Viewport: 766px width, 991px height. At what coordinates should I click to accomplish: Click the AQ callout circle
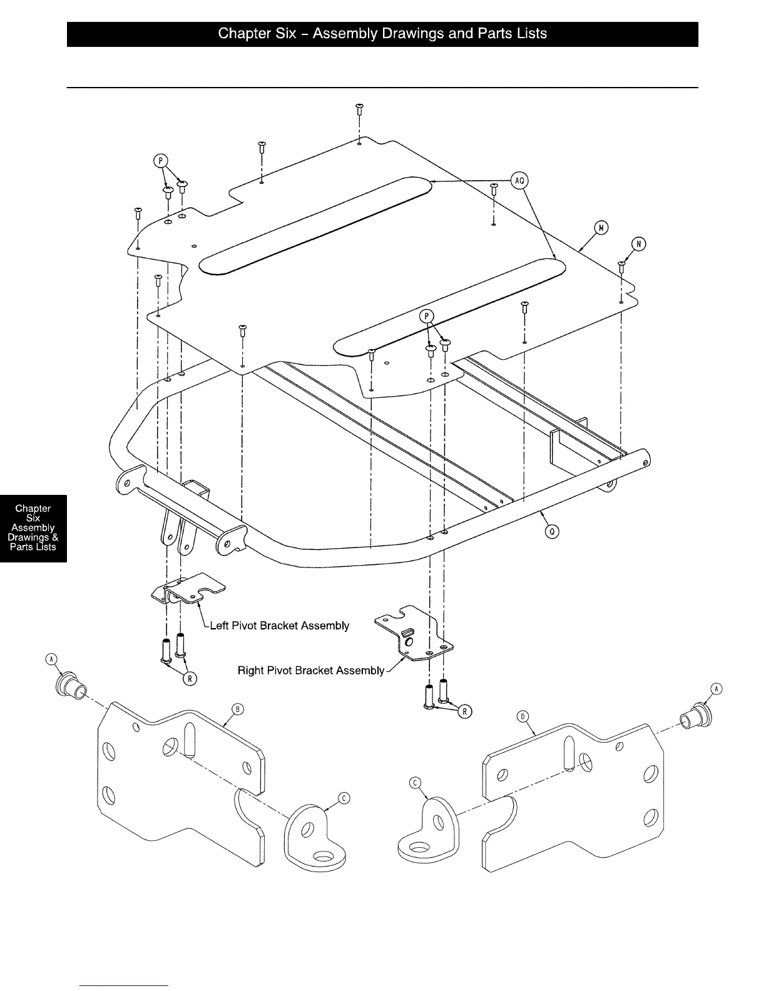(x=519, y=181)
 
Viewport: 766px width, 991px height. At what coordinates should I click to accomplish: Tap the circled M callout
(x=601, y=228)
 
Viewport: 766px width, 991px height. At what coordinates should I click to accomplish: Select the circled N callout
(x=638, y=245)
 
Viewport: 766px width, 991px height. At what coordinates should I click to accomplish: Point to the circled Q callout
(x=552, y=532)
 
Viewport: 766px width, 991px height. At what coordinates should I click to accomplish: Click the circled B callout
(x=237, y=709)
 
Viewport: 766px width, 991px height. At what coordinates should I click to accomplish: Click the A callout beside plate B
(x=52, y=659)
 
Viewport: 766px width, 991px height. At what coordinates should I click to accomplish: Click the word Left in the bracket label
(x=220, y=626)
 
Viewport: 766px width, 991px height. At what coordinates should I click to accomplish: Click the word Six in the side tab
(x=33, y=518)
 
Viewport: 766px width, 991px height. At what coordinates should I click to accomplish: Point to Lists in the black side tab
(x=46, y=547)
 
